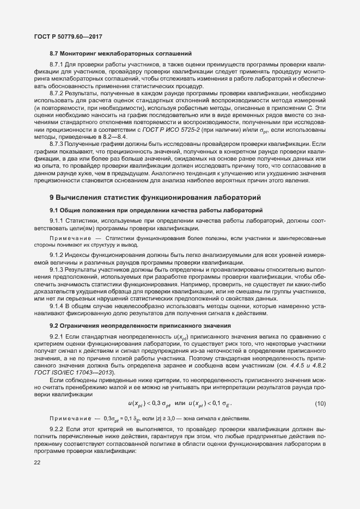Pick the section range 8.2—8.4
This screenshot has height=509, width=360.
(117, 137)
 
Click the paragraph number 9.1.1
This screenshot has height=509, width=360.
(57, 220)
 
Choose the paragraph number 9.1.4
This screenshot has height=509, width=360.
(57, 306)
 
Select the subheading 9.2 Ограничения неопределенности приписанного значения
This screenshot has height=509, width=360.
(141, 325)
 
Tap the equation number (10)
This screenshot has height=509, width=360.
(320, 403)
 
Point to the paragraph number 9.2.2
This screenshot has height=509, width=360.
(57, 430)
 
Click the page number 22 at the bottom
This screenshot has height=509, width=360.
(37, 463)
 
